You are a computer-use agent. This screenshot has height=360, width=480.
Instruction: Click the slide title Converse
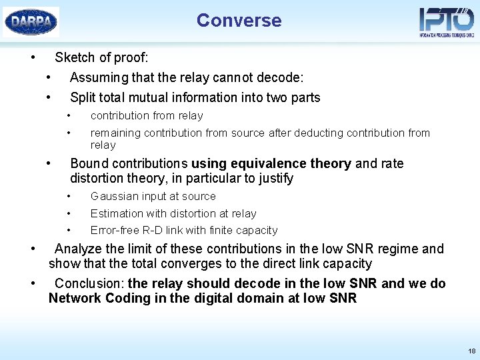pos(239,21)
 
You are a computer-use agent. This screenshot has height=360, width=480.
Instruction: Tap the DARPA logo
pos(31,21)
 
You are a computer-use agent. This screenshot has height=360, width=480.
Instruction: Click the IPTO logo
pos(446,21)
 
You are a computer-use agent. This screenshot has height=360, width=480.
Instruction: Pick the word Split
pos(83,97)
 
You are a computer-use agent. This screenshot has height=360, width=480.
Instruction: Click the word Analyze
pos(78,249)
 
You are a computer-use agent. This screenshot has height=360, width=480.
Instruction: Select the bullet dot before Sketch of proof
pos(33,57)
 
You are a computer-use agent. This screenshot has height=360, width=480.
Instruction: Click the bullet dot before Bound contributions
pos(49,163)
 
